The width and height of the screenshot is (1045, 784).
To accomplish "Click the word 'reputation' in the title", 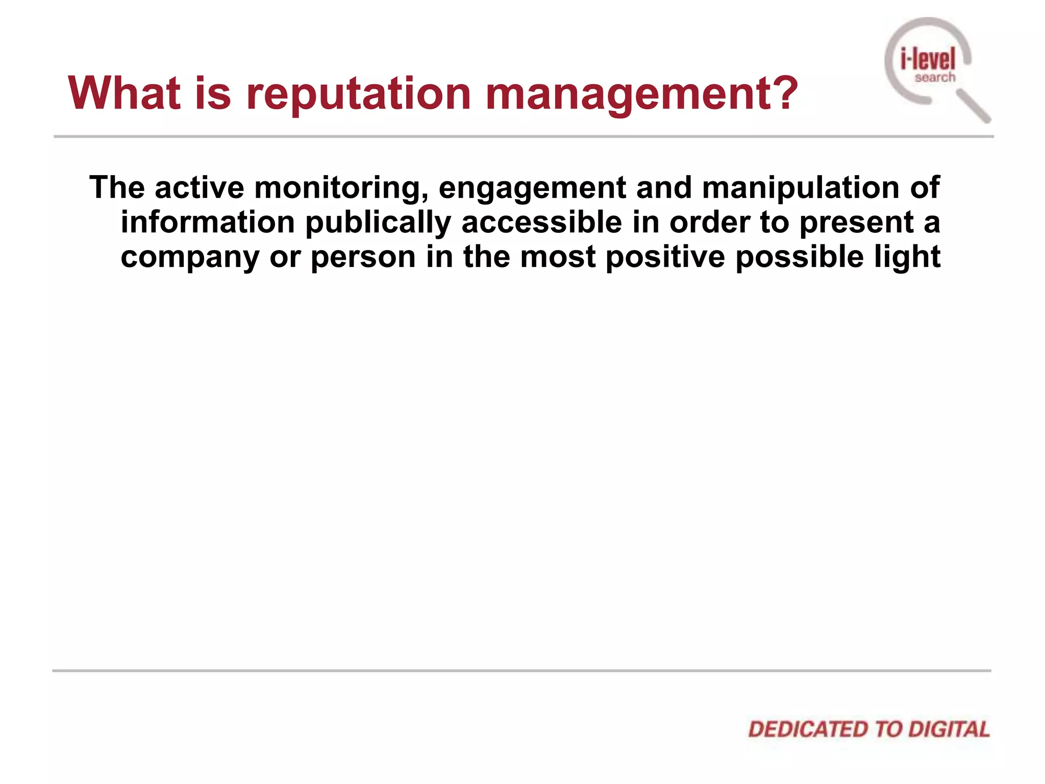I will click(358, 94).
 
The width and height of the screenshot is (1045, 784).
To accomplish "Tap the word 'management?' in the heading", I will click(641, 94).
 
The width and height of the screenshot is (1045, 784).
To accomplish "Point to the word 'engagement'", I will click(532, 188).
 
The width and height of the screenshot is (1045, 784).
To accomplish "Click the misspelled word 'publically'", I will click(378, 223).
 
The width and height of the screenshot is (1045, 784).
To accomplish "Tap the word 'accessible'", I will click(541, 222).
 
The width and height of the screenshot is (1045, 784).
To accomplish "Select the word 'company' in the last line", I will click(190, 257).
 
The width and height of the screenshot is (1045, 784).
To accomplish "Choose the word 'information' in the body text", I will click(208, 222).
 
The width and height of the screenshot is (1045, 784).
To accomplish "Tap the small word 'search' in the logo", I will click(935, 78).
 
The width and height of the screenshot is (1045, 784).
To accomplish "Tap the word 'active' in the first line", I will click(200, 187).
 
